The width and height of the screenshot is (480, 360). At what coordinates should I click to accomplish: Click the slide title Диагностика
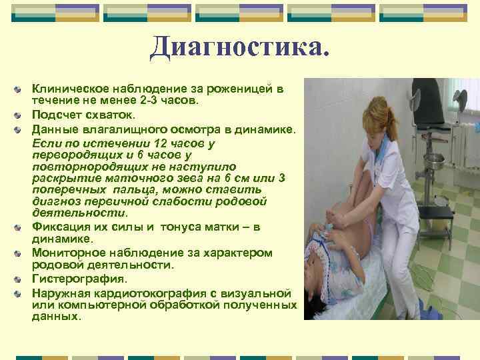[x=240, y=48]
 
